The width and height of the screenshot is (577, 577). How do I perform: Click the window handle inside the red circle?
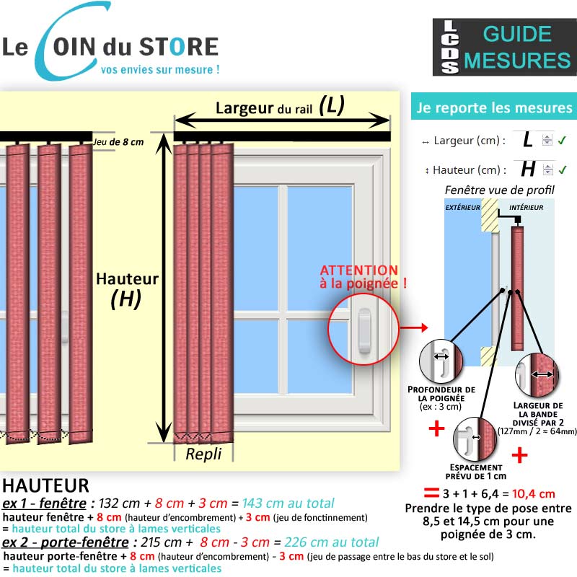tap(364, 330)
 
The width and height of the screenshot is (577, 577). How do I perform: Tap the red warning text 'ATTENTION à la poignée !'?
tap(364, 277)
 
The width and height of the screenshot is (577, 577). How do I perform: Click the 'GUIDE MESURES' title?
tap(517, 47)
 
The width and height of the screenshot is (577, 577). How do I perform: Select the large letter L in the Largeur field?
tap(528, 140)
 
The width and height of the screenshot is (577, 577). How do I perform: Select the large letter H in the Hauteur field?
tap(528, 169)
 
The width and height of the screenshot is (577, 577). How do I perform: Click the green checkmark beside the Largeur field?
tap(562, 140)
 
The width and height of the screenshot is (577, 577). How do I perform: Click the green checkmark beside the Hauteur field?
tap(563, 169)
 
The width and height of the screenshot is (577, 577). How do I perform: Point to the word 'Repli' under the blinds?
tap(203, 454)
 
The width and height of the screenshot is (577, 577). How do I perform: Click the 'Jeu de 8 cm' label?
tap(118, 142)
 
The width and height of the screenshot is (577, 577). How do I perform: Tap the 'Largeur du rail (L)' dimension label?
tap(280, 106)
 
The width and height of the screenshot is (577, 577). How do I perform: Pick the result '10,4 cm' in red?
tap(533, 494)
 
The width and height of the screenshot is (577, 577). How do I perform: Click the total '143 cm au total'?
tap(288, 503)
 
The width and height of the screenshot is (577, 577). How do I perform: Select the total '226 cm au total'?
tap(332, 542)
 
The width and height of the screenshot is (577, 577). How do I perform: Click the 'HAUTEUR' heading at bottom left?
tap(45, 485)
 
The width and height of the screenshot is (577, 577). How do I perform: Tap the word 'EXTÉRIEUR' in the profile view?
tap(462, 208)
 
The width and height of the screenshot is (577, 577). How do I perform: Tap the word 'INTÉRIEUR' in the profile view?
tap(527, 208)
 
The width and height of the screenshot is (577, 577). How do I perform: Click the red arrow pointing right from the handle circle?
tap(414, 327)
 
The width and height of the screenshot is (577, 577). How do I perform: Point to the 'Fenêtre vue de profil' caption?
tap(499, 190)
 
